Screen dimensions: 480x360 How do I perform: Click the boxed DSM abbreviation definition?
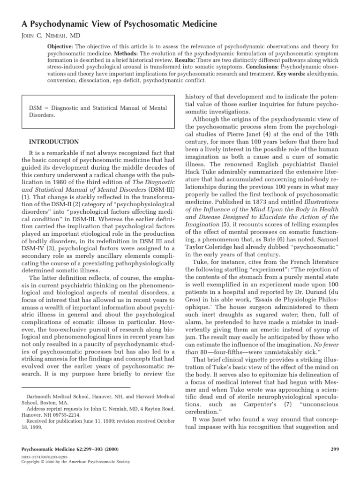tap(98, 111)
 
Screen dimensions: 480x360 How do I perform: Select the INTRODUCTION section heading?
tap(54, 142)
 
